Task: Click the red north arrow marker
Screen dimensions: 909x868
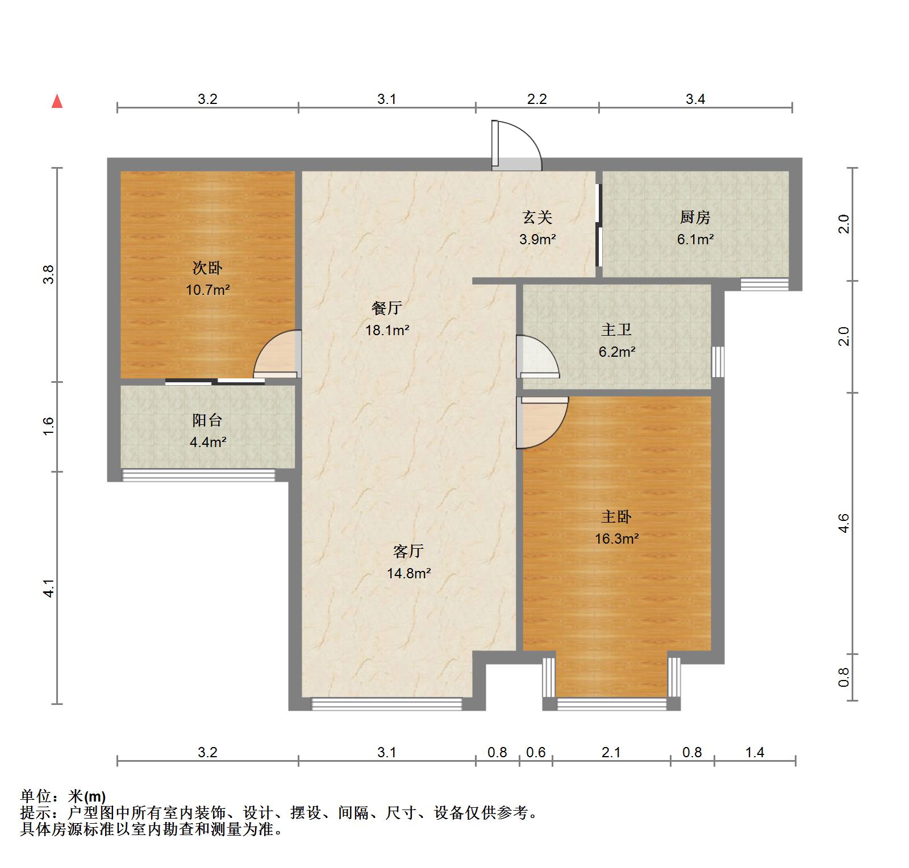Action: [x=57, y=101]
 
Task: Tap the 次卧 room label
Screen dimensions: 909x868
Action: [x=207, y=268]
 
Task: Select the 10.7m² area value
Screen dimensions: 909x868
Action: [x=207, y=290]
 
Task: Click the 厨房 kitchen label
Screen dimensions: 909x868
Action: [x=695, y=217]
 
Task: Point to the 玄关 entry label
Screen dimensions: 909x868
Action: [x=537, y=217]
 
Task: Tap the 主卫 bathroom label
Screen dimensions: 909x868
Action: [x=616, y=329]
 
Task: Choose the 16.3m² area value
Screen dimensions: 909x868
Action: [x=616, y=539]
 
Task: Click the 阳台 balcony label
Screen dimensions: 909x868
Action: [x=207, y=420]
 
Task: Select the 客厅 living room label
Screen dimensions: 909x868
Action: [x=408, y=551]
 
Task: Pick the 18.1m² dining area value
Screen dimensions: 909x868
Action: [x=387, y=329]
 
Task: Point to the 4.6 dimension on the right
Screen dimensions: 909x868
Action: [x=844, y=523]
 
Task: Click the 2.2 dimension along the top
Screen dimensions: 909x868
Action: [x=537, y=99]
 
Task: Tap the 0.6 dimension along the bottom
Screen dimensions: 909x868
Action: [x=536, y=753]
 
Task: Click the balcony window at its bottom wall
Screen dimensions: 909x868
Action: [x=199, y=475]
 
